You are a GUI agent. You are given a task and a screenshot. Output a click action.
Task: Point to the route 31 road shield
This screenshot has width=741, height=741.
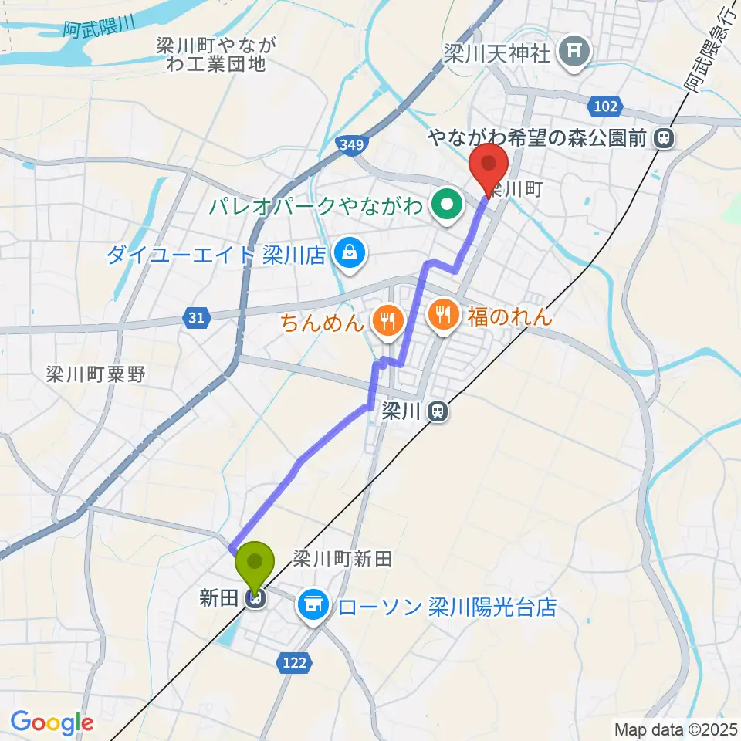click(196, 317)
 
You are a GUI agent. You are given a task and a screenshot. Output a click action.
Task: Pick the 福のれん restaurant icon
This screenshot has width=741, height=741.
click(442, 315)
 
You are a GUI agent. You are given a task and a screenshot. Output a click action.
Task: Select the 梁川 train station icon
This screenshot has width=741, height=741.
click(438, 413)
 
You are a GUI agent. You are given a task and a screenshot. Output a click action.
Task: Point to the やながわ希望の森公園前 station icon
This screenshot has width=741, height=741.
click(662, 139)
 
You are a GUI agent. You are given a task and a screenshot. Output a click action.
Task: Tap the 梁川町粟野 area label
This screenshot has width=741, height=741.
click(96, 375)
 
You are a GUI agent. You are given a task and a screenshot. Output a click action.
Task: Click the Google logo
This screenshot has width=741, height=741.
click(52, 723)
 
